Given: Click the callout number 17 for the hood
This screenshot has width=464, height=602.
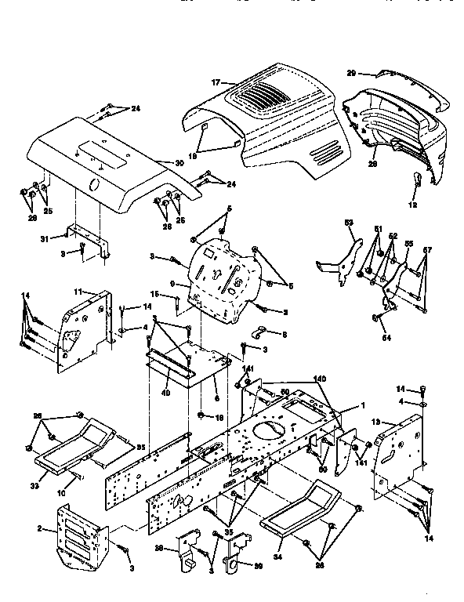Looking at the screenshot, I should [216, 82].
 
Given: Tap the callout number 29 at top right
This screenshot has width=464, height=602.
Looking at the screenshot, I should [352, 72].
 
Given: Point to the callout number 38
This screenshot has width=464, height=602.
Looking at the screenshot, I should [158, 548].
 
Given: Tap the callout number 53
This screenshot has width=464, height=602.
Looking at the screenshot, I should [350, 223].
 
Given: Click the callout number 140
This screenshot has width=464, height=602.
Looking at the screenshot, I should [321, 379].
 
